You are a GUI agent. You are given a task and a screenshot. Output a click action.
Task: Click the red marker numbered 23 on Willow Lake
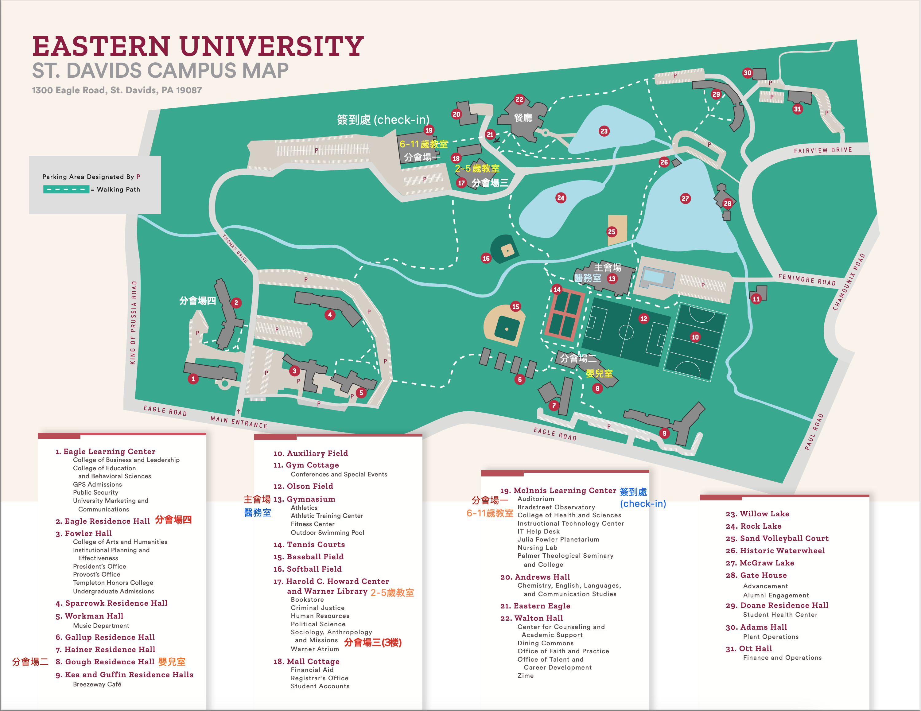click(604, 131)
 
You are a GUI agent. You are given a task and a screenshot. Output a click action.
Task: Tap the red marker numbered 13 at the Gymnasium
click(612, 279)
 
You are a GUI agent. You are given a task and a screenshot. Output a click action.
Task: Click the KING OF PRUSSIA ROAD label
click(133, 323)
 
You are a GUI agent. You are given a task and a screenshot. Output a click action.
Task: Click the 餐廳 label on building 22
click(523, 118)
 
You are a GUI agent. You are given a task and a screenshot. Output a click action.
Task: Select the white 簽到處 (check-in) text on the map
click(383, 120)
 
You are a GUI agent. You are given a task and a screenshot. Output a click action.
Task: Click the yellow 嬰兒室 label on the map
click(599, 373)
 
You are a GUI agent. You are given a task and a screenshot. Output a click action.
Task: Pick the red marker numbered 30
click(747, 73)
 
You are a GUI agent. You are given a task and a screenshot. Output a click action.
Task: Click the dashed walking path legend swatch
click(66, 189)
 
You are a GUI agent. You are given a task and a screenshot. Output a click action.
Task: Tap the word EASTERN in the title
click(101, 46)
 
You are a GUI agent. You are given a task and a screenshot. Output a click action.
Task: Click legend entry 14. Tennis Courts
click(309, 544)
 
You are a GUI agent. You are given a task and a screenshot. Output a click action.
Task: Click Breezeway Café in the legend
click(97, 684)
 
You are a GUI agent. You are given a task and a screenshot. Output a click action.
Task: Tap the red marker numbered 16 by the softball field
click(486, 258)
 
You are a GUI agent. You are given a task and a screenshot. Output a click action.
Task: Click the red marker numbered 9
click(664, 433)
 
